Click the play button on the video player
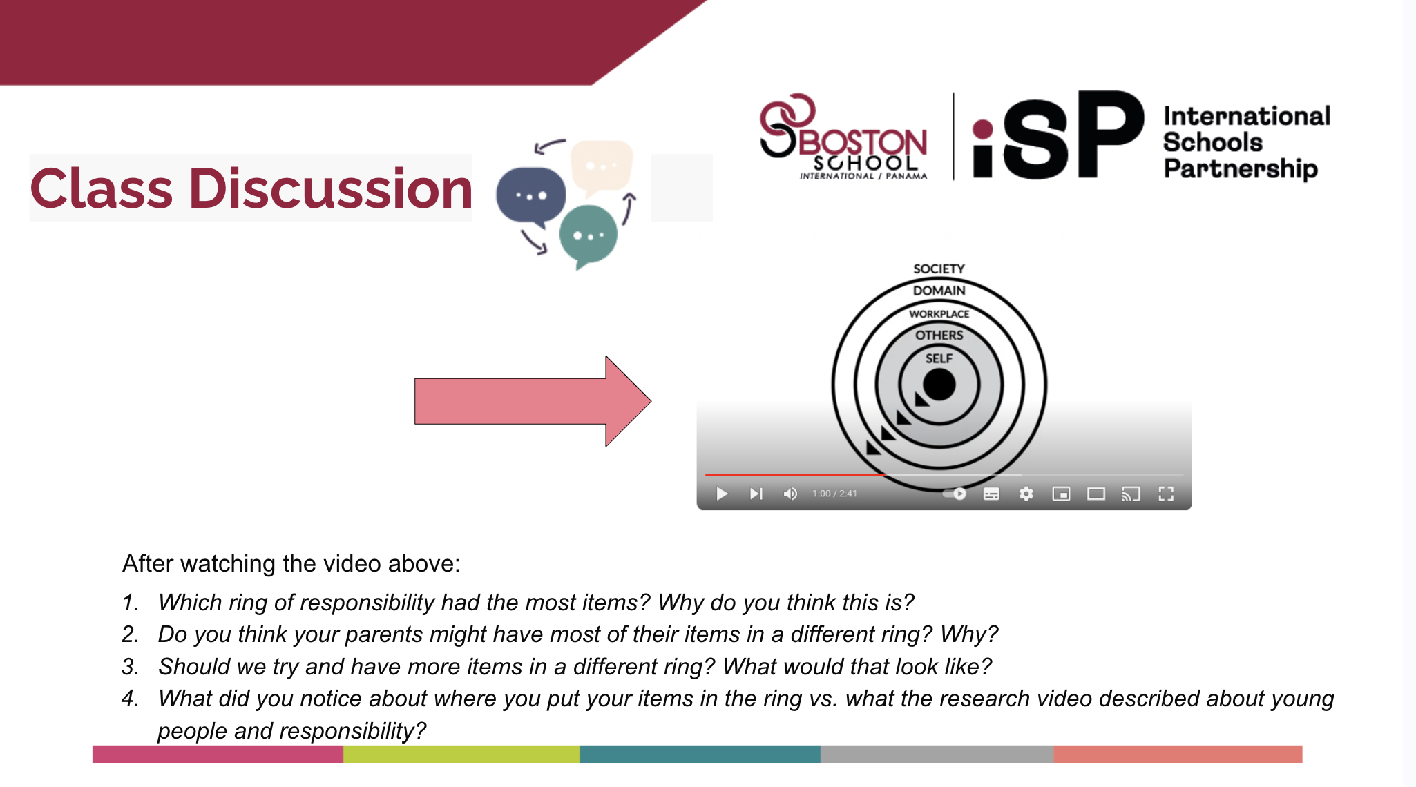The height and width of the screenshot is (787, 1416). [722, 494]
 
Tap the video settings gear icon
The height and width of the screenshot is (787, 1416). [1026, 494]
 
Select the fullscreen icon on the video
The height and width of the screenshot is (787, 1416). [1166, 494]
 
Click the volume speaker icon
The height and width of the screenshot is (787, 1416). [790, 494]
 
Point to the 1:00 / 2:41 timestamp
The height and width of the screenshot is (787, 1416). [834, 494]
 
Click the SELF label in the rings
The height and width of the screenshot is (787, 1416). [939, 358]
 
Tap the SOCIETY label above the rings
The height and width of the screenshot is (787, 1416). [939, 269]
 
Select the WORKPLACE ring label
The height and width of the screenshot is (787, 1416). [939, 314]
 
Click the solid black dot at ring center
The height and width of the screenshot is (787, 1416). [939, 385]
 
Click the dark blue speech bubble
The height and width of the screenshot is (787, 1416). [530, 195]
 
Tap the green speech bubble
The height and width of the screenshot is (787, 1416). [588, 235]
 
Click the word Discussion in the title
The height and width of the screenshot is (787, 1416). [331, 188]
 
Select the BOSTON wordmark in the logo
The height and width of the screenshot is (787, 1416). [863, 142]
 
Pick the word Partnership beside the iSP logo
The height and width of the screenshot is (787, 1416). [1241, 168]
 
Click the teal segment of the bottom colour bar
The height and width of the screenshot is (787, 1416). [700, 754]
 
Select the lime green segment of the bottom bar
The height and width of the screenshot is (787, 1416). [461, 754]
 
